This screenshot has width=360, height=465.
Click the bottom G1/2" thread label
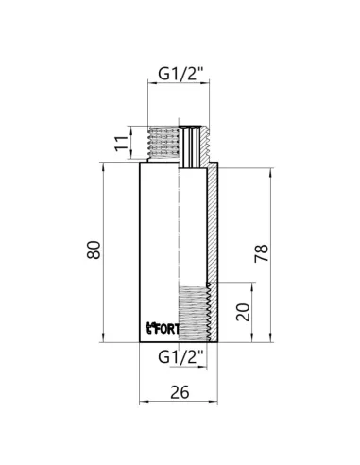(x=180, y=356)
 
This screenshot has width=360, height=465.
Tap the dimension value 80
(x=92, y=250)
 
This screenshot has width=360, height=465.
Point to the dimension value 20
(x=242, y=312)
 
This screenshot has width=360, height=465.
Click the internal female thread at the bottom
(x=194, y=312)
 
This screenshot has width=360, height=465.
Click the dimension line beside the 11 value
(x=133, y=145)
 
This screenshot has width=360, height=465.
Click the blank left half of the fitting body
(x=161, y=236)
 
